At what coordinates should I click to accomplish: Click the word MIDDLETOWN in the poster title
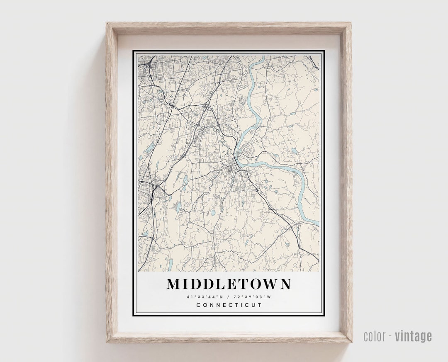pos(229,284)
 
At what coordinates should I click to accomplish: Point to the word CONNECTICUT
pos(229,305)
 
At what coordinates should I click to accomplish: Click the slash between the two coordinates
pos(229,297)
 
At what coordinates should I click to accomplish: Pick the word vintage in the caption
pos(413,336)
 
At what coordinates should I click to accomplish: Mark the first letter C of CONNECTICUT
pos(198,305)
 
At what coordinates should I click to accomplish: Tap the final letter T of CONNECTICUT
pos(260,305)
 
